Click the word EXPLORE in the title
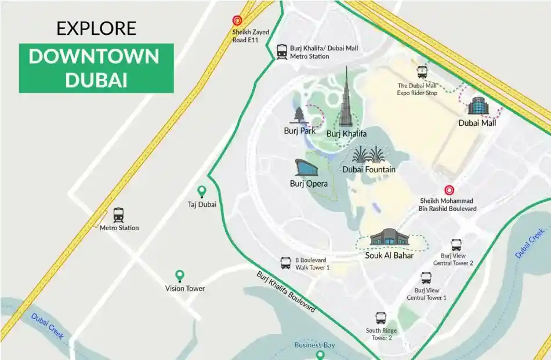[x=96, y=28]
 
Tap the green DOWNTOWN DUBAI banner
[x=96, y=68]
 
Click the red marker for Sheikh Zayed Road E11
[x=237, y=20]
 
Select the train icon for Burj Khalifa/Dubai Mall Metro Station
[x=282, y=52]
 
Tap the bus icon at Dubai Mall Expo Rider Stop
[x=422, y=72]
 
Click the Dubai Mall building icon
[x=477, y=106]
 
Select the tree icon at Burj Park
[x=299, y=115]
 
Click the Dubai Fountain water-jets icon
[x=368, y=155]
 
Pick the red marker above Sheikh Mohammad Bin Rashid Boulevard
[x=448, y=190]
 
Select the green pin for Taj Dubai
[x=201, y=191]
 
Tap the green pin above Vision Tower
[x=180, y=276]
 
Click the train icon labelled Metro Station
[x=119, y=215]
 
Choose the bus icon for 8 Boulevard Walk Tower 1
[x=285, y=263]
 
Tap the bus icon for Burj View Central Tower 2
[x=456, y=245]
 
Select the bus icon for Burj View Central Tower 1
[x=426, y=278]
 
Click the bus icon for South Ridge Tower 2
[x=380, y=318]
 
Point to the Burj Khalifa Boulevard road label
[x=286, y=292]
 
